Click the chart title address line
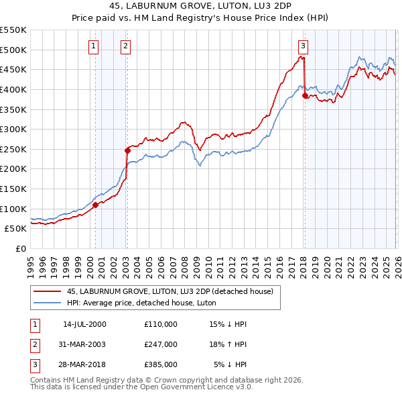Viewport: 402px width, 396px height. point(201,6)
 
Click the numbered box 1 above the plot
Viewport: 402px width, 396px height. point(92,46)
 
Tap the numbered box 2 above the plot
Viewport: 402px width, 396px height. point(125,46)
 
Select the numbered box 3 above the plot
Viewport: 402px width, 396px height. point(303,46)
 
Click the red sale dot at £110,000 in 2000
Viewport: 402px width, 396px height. point(95,205)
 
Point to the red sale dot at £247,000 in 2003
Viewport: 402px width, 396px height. point(127,150)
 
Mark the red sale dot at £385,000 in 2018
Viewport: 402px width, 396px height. point(305,95)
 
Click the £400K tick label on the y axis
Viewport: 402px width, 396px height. point(13,89)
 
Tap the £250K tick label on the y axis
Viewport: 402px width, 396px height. point(13,149)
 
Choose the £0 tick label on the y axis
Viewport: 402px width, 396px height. point(20,248)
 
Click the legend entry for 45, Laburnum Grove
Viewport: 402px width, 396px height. point(170,292)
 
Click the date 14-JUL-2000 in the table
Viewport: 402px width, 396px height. point(84,324)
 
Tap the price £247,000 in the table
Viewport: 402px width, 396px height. point(161,344)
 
